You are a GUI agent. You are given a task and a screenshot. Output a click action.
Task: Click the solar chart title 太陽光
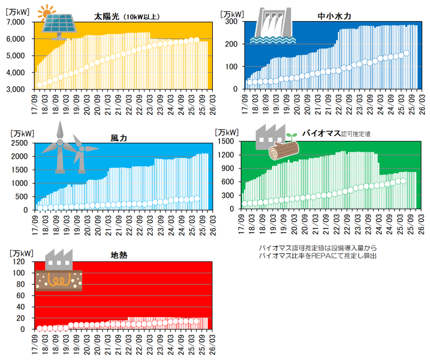(x=106, y=16)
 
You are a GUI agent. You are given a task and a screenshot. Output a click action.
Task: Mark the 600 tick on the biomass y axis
(x=230, y=182)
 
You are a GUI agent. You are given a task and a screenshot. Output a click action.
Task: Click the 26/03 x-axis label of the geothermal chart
(x=211, y=343)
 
